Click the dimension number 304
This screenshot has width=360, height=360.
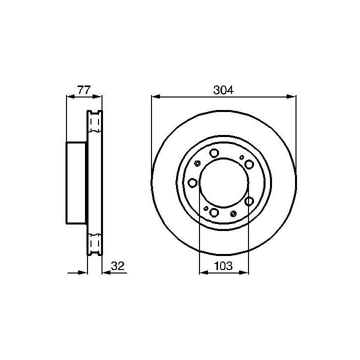(x=223, y=90)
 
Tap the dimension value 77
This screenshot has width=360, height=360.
(x=84, y=90)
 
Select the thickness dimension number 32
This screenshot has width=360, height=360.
(x=117, y=266)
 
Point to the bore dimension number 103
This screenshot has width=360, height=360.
(x=223, y=266)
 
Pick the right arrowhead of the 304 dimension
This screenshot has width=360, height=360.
(x=291, y=96)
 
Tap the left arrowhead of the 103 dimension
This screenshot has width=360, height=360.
(x=204, y=272)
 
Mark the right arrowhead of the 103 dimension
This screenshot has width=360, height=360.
(x=244, y=272)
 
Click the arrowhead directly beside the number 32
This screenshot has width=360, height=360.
(x=106, y=273)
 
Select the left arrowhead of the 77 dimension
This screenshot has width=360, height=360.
(x=71, y=96)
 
